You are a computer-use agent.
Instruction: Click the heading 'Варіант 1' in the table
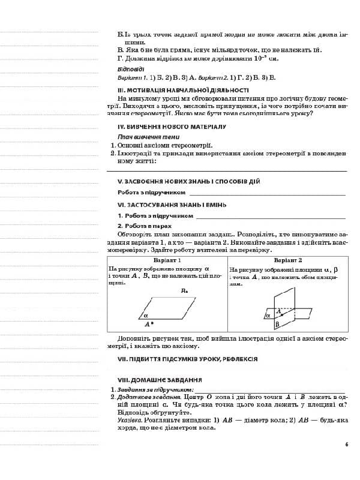point(167,260)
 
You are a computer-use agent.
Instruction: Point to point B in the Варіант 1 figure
point(185,291)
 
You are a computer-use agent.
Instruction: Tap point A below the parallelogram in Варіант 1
point(149,324)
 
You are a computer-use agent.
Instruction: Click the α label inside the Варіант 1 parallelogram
point(146,314)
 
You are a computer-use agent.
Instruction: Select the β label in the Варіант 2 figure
point(277,325)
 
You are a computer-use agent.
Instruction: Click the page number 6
point(346,444)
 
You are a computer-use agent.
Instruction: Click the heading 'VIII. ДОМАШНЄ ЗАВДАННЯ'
point(160,380)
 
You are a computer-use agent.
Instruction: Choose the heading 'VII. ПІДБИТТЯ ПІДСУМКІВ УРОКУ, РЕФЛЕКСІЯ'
point(187,359)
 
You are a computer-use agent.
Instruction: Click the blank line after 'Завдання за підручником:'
point(270,390)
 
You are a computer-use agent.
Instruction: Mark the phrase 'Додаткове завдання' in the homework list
point(143,397)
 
